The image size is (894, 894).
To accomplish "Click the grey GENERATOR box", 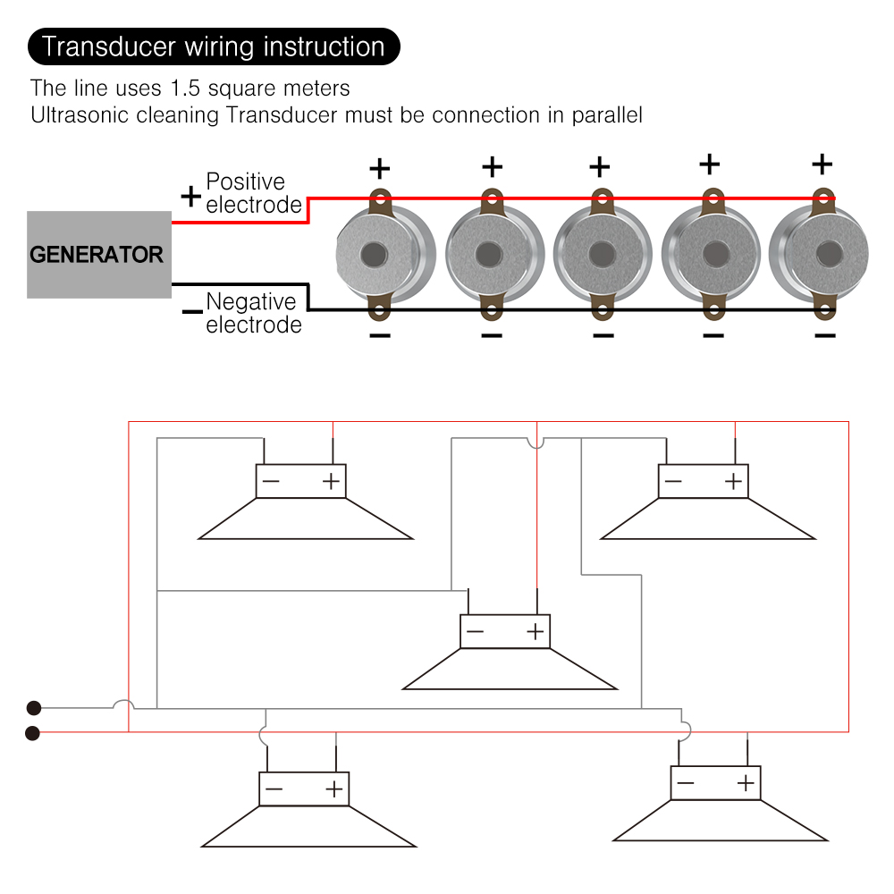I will (98, 255).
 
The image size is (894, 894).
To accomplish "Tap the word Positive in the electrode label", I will (245, 182).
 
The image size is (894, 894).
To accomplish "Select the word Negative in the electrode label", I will (250, 302).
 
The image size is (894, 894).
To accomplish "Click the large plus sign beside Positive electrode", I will (190, 196).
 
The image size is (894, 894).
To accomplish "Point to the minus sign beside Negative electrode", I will (191, 312).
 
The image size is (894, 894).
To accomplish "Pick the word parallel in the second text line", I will (607, 115).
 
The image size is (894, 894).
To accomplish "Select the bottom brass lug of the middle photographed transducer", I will (602, 311).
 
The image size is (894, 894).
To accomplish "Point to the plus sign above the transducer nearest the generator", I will (380, 168).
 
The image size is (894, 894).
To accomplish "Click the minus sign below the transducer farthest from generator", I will (824, 335).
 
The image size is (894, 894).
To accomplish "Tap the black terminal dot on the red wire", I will (33, 734).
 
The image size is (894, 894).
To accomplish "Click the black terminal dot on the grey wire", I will (33, 708).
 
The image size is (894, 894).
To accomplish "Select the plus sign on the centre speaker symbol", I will (536, 632).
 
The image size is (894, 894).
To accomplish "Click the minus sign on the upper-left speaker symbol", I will (271, 482).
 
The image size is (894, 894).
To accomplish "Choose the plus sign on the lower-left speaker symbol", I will (333, 789).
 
